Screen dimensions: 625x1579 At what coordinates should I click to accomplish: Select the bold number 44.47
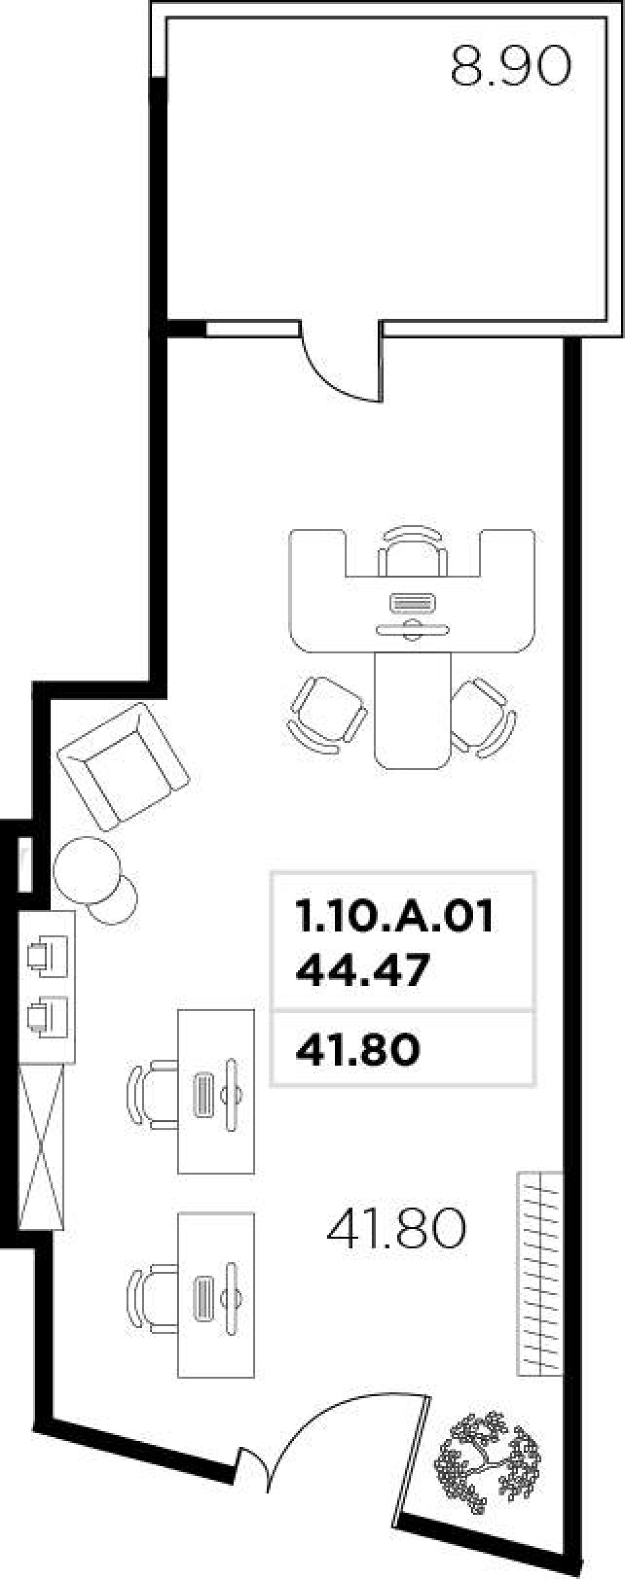point(361,970)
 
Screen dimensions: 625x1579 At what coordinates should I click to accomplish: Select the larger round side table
point(86,869)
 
